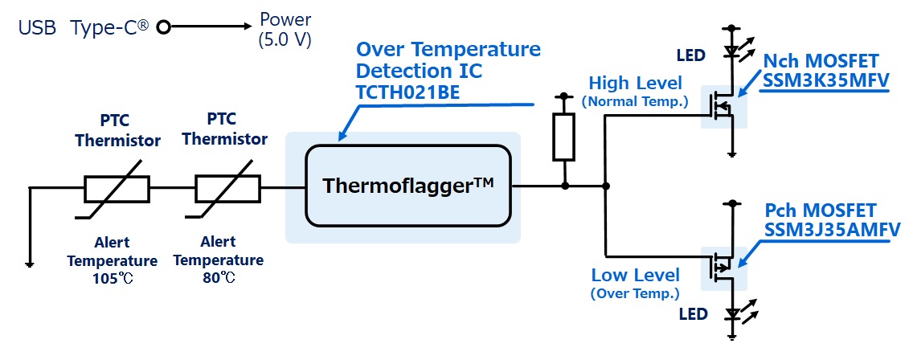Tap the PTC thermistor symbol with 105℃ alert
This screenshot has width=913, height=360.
pos(116,190)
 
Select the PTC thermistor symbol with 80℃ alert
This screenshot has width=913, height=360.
pos(227,190)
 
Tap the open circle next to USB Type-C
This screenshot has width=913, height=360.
pos(164,28)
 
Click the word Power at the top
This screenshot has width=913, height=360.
pos(285,20)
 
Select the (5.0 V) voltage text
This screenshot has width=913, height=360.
pos(285,39)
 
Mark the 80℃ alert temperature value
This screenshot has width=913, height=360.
pos(218,278)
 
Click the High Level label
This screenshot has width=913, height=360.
pos(635,84)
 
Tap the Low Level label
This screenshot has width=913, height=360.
pos(635,275)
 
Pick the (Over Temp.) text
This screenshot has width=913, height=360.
pos(635,293)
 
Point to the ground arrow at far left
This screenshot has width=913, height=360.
pos(29,262)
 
